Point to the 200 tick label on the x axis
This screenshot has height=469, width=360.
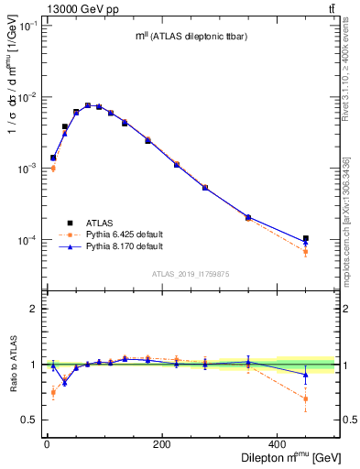(x=161, y=446)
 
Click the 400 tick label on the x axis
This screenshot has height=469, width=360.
(x=277, y=446)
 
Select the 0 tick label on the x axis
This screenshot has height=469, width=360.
(x=47, y=446)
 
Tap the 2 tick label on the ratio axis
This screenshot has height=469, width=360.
(x=36, y=309)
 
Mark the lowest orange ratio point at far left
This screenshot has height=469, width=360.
(x=53, y=392)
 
